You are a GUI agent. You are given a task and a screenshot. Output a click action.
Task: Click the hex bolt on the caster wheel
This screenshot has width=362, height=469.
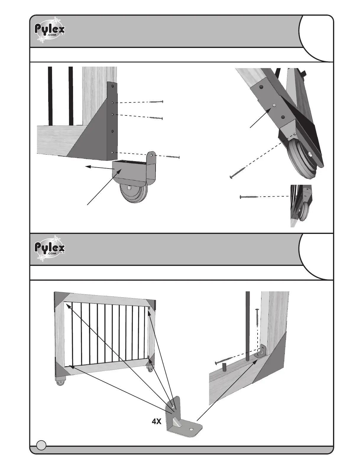130,187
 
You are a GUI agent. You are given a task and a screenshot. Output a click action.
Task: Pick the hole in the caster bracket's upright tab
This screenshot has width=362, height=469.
151,155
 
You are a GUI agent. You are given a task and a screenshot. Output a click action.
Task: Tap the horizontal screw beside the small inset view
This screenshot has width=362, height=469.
249,197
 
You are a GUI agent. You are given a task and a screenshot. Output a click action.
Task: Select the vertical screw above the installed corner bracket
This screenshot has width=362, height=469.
257,318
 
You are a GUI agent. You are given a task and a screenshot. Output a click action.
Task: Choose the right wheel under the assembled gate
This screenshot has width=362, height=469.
151,370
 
